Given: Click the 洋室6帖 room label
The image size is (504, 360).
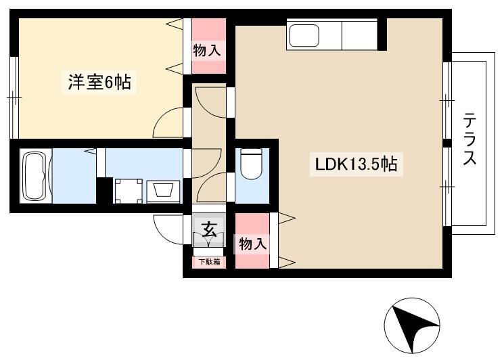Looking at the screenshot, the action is coord(99,83).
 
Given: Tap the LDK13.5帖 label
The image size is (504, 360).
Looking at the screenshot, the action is coord(356,164).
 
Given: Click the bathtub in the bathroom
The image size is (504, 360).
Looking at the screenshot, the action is coord(36,176).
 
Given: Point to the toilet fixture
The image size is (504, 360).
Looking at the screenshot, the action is coord(252,164).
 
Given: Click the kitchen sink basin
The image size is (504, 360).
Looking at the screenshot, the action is coord(304,35).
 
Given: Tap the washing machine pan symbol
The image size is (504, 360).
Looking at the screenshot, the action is coord(129,191).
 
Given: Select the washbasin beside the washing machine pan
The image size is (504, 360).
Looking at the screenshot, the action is coord(163,192).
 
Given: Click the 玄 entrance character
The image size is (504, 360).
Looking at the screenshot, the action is coord(209,229).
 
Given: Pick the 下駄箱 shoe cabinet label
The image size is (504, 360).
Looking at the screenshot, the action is coord(209,262).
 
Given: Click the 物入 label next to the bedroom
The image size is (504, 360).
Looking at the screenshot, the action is coord(207,51).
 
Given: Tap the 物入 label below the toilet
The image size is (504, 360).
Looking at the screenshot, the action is coord(253,244).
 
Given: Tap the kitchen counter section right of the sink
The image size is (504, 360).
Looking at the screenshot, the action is coord(359,35).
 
